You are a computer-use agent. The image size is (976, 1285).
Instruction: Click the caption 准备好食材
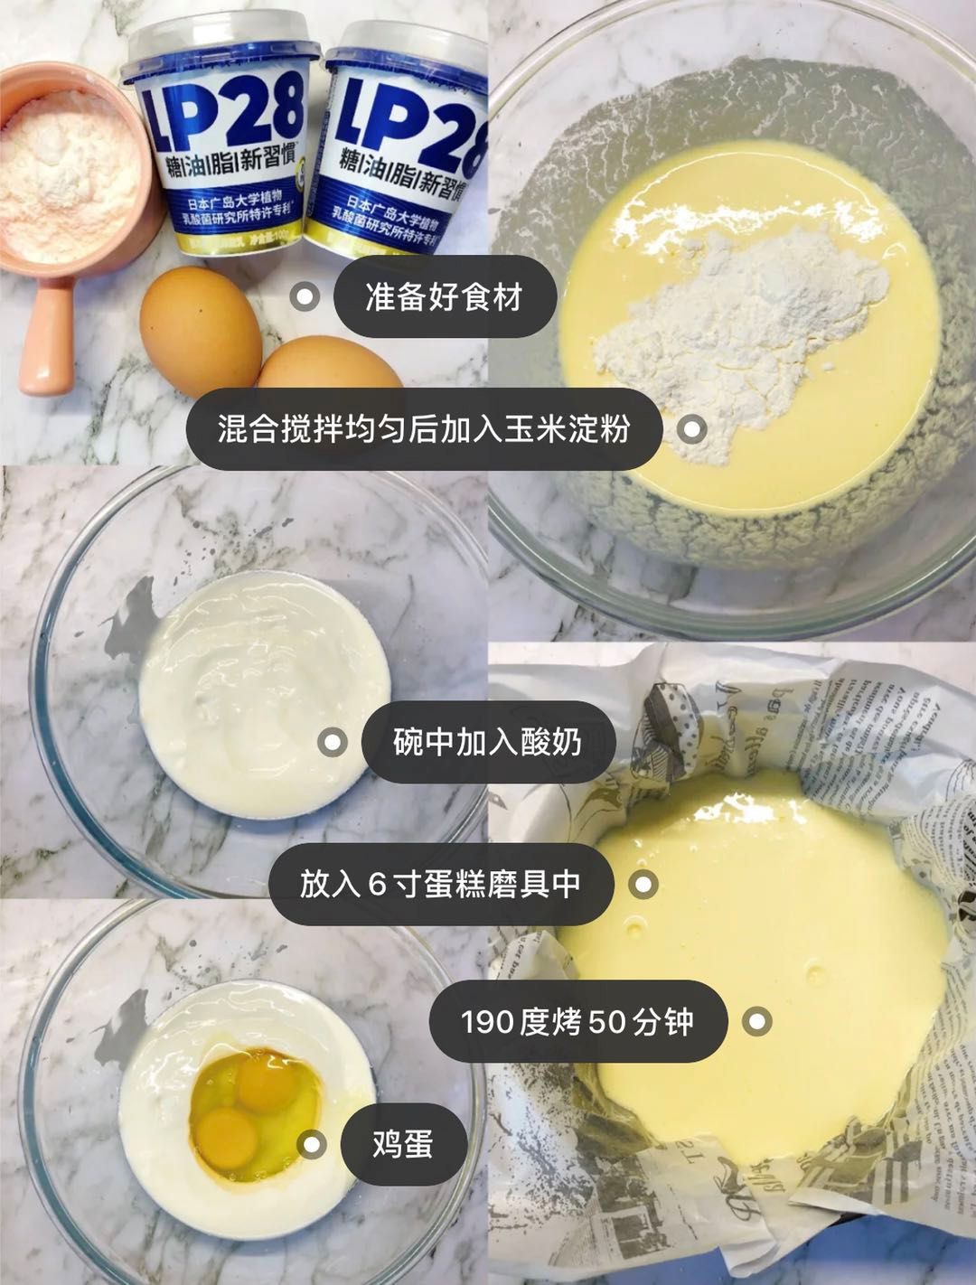coord(444,297)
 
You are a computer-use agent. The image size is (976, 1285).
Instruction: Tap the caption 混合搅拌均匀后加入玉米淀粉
coord(423,429)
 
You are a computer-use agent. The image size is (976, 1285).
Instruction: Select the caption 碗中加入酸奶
coord(487,743)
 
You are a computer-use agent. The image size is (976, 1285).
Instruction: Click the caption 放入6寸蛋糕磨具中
coord(440,884)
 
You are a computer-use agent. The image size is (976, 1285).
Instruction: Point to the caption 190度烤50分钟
coord(577,1021)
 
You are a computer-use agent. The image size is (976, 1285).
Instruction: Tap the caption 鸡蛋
coord(403,1144)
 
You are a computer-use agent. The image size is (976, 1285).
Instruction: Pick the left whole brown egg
coord(201,330)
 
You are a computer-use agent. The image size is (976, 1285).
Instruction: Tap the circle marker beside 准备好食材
coord(305,297)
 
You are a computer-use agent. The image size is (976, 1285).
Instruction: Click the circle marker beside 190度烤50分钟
coord(756,1021)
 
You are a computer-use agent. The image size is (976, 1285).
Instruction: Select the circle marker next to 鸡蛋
coord(313,1144)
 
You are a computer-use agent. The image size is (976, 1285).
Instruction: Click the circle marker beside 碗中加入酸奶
coord(333,743)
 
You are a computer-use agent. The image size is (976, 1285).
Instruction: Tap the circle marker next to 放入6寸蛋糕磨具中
coord(643,884)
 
